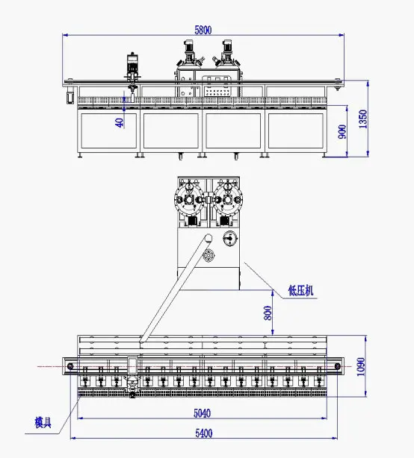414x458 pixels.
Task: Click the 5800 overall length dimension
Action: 203,30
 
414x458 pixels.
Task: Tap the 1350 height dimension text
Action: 362,118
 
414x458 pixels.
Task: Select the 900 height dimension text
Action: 343,131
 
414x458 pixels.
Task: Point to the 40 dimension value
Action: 120,122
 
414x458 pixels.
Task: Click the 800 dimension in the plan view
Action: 268,313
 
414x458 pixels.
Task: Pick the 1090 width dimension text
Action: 362,366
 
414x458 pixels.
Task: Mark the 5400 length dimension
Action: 203,433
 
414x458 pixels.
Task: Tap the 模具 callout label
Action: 43,423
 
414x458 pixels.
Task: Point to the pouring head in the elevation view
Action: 134,71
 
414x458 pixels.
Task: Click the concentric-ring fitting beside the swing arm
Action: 208,257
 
